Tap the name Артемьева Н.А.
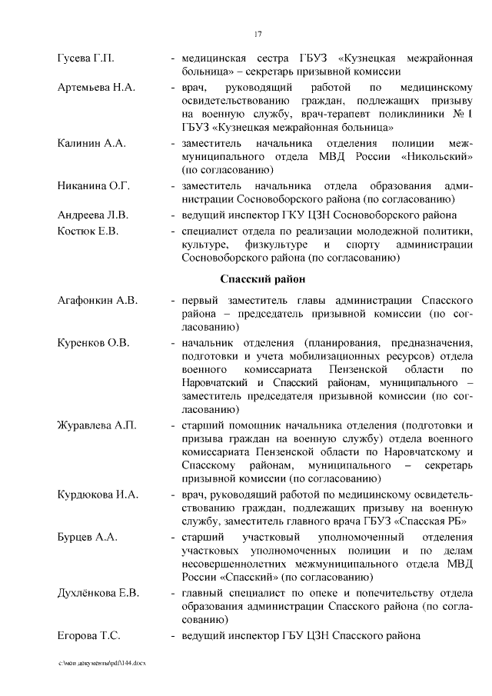coord(96,87)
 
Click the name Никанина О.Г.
coord(94,186)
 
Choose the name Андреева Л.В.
coord(93,215)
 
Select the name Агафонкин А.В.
coord(98,300)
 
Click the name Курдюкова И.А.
coord(98,494)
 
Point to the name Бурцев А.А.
coord(88,536)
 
